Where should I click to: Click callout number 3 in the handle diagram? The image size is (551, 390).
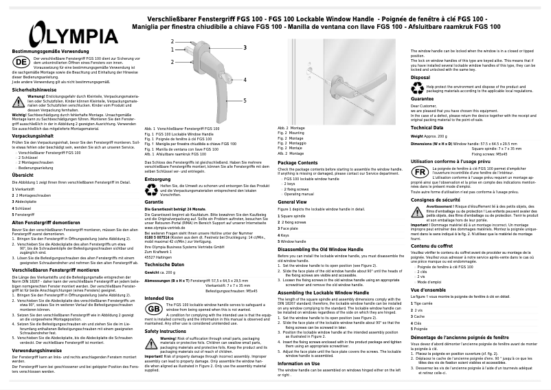click(x=244, y=47)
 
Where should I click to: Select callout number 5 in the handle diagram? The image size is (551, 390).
click(x=244, y=100)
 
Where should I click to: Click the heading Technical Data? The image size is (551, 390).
click(x=427, y=128)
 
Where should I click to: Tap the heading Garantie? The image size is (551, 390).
click(x=154, y=203)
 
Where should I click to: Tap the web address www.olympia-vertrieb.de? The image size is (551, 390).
click(x=168, y=226)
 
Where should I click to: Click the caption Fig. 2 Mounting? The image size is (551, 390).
click(x=291, y=133)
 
